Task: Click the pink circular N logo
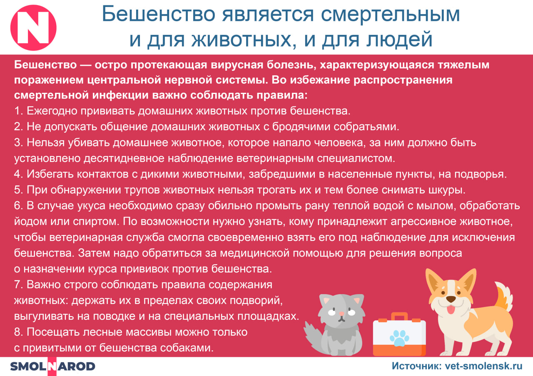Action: pyautogui.click(x=33, y=27)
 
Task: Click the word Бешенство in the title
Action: pyautogui.click(x=159, y=14)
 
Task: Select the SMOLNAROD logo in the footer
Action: pyautogui.click(x=52, y=366)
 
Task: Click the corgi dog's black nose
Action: pyautogui.click(x=451, y=299)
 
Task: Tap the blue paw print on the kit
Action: pyautogui.click(x=399, y=338)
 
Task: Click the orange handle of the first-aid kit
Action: pyautogui.click(x=399, y=317)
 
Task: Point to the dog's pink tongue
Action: pyautogui.click(x=451, y=309)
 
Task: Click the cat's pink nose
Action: pyautogui.click(x=341, y=314)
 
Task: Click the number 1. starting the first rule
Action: pyautogui.click(x=19, y=111)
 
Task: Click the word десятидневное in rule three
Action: pyautogui.click(x=124, y=158)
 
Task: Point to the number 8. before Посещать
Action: pyautogui.click(x=19, y=332)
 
